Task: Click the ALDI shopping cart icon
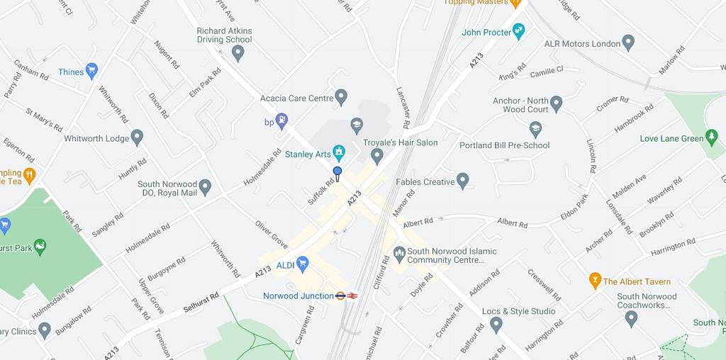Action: point(303,264)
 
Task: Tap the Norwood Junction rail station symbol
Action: point(347,296)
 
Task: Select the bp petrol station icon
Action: point(281,121)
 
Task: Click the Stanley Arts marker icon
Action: point(340,152)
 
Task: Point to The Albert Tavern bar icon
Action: point(595,281)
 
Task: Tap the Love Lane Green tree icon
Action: point(712,137)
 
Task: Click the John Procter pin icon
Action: point(519,31)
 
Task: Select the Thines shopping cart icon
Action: point(91,71)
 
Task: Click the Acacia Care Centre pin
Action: point(341,97)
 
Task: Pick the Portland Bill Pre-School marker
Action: point(536,129)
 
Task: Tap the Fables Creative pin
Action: point(463,181)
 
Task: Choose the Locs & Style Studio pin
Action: point(496,325)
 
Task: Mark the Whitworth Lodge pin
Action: point(137,137)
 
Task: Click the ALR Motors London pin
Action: point(627,43)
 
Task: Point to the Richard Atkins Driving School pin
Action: point(238,53)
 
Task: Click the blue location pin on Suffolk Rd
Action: point(337,173)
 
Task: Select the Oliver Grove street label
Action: point(271,235)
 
